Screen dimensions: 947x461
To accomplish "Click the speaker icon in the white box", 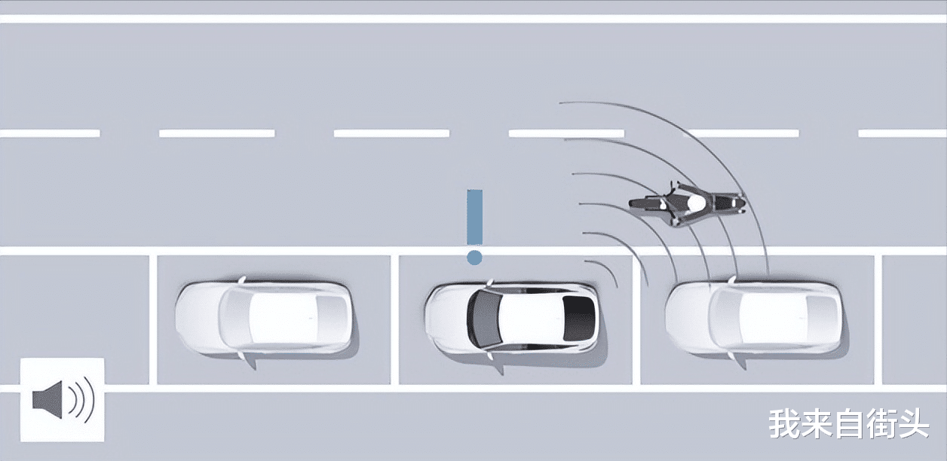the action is coord(63,399).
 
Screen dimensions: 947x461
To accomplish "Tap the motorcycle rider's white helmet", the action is coord(696,203).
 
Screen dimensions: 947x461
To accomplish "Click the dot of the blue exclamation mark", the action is coord(474,258).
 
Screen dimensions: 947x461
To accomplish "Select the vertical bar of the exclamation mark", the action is coord(474,217).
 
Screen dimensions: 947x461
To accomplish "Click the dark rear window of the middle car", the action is coord(578,318).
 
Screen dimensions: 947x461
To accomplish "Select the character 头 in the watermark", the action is coord(913,423).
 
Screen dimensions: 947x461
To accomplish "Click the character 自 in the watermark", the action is coord(849,423).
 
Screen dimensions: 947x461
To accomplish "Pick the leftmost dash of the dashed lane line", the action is coord(50,133).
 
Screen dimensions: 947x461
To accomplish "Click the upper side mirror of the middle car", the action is coord(489,283).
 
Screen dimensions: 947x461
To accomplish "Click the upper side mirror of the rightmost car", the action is coord(731,280).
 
